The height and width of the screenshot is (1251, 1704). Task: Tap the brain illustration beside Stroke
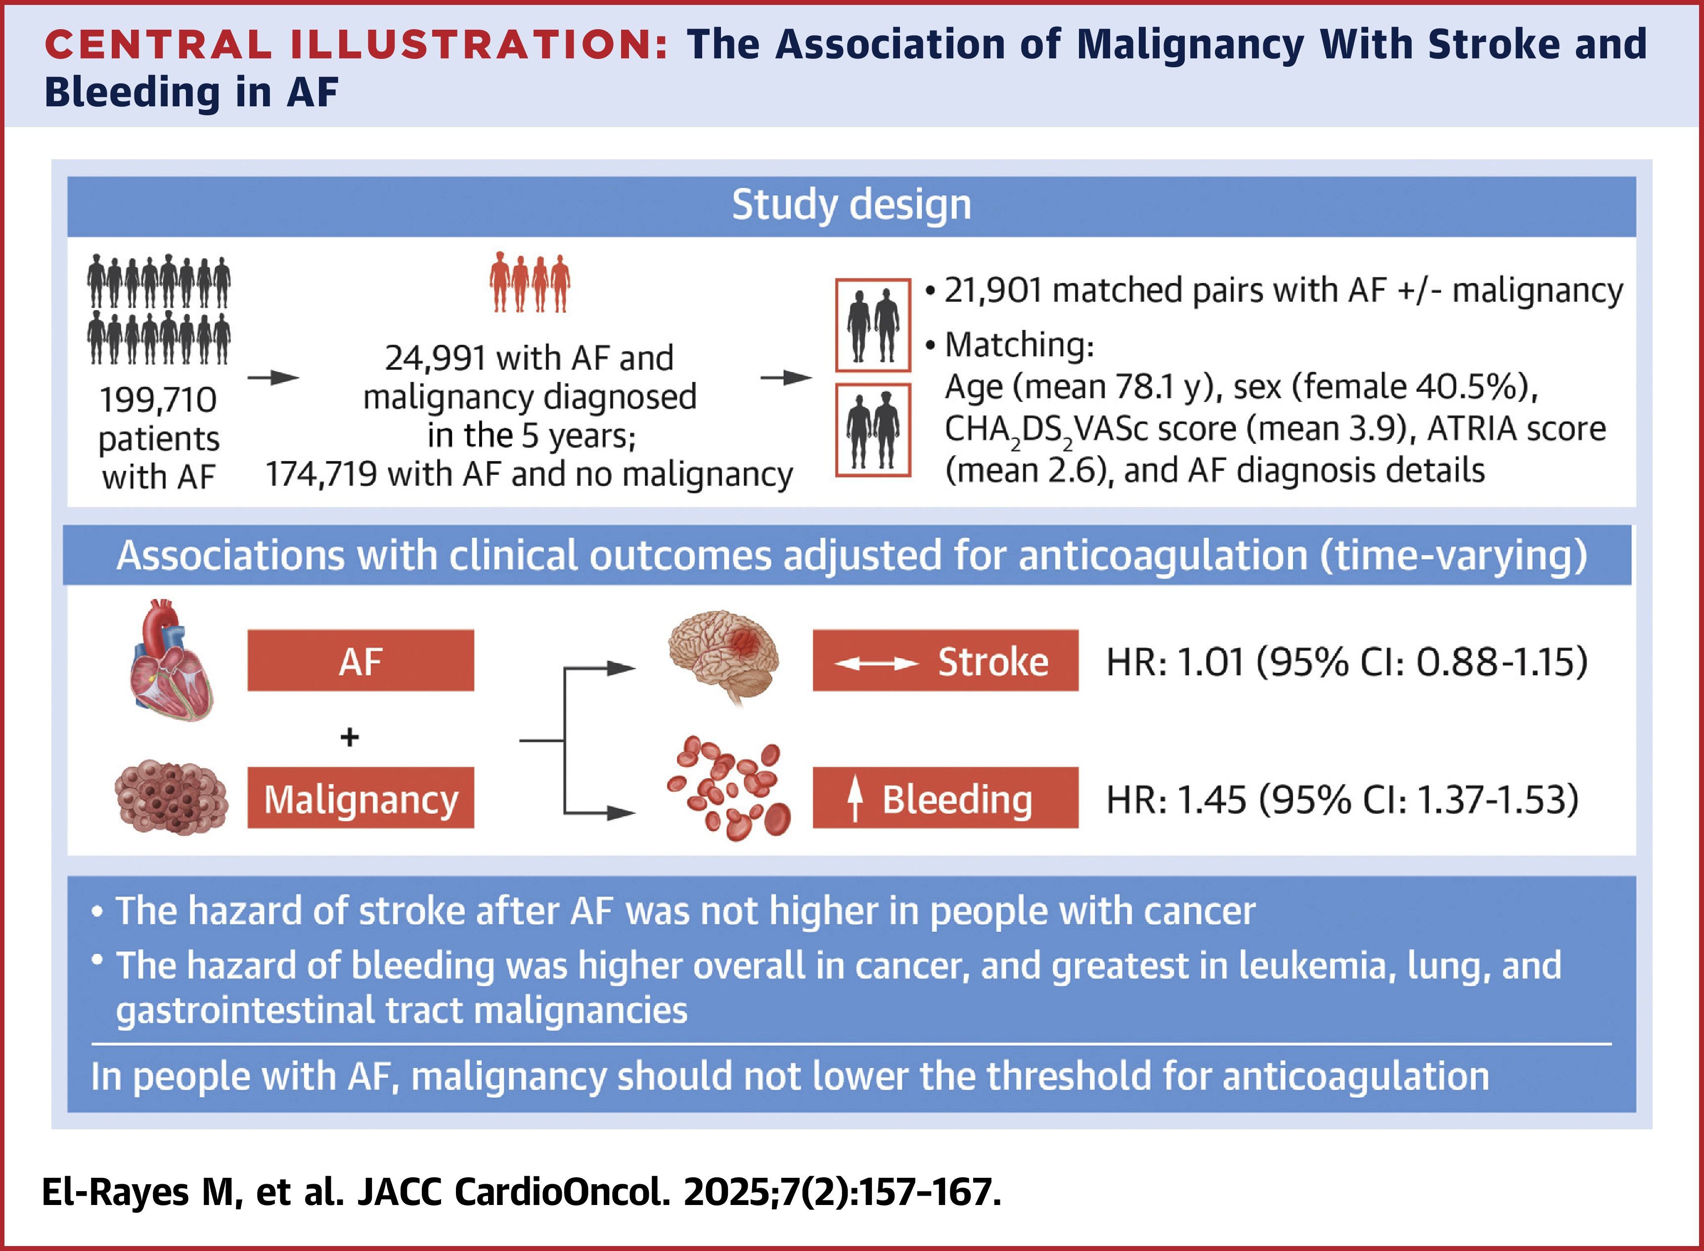click(x=723, y=655)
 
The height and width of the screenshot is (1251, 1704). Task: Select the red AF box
click(x=360, y=660)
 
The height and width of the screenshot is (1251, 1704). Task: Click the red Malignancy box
click(x=360, y=798)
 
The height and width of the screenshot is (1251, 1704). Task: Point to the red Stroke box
click(x=945, y=660)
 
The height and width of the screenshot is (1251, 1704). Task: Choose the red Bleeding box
click(x=945, y=798)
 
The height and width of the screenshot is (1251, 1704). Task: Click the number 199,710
click(x=158, y=400)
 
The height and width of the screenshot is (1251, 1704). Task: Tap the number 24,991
click(x=435, y=358)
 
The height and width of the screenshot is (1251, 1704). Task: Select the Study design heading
click(x=851, y=205)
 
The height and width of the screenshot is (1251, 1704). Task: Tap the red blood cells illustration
click(x=728, y=789)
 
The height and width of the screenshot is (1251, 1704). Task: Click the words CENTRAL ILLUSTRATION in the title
click(x=356, y=44)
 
